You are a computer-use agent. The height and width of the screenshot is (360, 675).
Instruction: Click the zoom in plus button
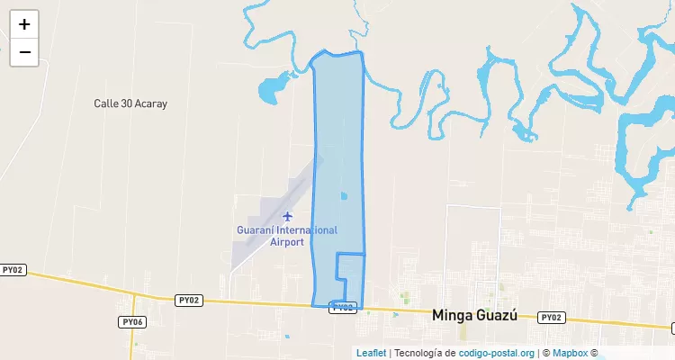pyautogui.click(x=24, y=24)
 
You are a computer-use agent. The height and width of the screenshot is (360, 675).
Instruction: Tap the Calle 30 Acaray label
pyautogui.click(x=130, y=103)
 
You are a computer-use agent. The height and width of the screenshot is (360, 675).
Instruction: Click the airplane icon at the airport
pyautogui.click(x=288, y=216)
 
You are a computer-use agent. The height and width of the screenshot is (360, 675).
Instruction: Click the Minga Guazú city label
pyautogui.click(x=475, y=316)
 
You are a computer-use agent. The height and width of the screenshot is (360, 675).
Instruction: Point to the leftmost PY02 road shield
pyautogui.click(x=13, y=270)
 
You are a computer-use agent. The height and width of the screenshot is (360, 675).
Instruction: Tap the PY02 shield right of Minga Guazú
pyautogui.click(x=551, y=318)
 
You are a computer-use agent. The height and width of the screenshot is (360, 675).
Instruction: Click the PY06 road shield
pyautogui.click(x=132, y=322)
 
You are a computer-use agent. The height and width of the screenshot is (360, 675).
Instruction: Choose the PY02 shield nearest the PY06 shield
pyautogui.click(x=189, y=300)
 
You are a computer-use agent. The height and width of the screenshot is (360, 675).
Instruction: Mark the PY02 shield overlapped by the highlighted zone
pyautogui.click(x=344, y=307)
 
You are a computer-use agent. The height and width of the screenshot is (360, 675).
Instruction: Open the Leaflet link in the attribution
pyautogui.click(x=371, y=353)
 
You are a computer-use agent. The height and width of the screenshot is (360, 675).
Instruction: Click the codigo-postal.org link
pyautogui.click(x=497, y=353)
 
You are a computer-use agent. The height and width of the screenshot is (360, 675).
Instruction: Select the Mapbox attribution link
pyautogui.click(x=570, y=353)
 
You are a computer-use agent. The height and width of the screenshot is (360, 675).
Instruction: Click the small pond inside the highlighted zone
pyautogui.click(x=343, y=195)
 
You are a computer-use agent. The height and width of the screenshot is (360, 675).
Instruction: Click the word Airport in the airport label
pyautogui.click(x=286, y=242)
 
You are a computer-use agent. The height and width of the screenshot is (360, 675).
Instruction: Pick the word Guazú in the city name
pyautogui.click(x=499, y=316)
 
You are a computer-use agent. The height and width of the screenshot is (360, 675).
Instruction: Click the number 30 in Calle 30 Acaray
pyautogui.click(x=125, y=103)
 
